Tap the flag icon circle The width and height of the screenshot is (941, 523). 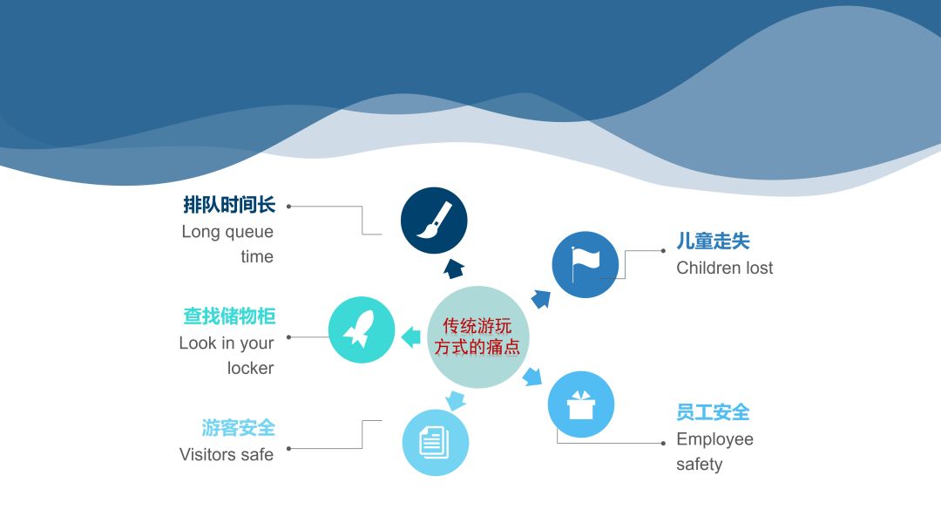click(586, 265)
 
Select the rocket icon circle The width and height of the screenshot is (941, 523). click(362, 330)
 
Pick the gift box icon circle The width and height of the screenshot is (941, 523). click(581, 404)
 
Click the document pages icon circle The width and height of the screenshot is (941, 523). click(436, 442)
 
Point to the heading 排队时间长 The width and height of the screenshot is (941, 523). click(229, 206)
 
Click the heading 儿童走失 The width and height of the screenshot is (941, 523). click(713, 241)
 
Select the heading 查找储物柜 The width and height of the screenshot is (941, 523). click(229, 316)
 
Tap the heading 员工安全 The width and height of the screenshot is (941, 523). click(713, 412)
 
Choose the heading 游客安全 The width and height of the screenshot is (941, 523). click(238, 428)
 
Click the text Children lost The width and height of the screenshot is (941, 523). click(724, 268)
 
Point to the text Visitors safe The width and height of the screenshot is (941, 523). click(227, 454)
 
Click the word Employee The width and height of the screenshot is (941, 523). click(714, 439)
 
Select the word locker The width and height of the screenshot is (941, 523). click(250, 368)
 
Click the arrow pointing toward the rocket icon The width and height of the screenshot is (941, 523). click(410, 335)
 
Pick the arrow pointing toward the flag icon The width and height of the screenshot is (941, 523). click(541, 299)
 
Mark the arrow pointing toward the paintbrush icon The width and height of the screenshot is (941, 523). click(452, 268)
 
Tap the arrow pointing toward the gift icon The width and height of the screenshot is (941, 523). click(531, 377)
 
